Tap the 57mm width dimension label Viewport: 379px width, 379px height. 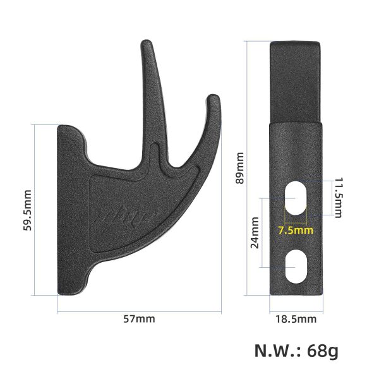pyautogui.click(x=139, y=319)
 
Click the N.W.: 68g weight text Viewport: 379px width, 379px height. pyautogui.click(x=296, y=351)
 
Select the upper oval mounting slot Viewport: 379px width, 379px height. pyautogui.click(x=296, y=197)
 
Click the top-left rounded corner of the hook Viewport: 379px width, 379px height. pyautogui.click(x=63, y=128)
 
